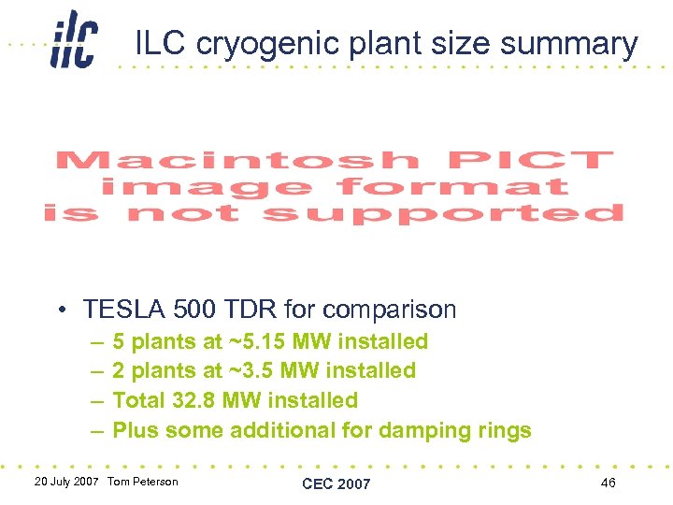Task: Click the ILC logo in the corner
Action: click(x=74, y=39)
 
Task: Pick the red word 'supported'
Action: click(x=443, y=214)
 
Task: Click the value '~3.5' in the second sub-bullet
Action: click(x=250, y=370)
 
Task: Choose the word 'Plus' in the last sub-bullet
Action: click(x=133, y=430)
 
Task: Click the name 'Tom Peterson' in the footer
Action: click(x=143, y=482)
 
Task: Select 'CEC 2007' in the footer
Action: click(x=336, y=483)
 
